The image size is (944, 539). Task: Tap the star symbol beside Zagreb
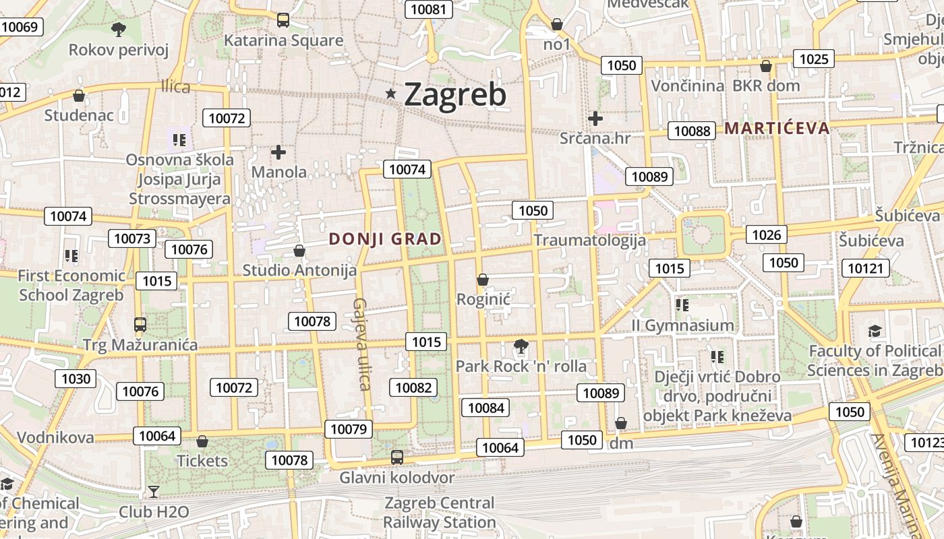391,94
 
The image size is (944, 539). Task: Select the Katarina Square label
283,40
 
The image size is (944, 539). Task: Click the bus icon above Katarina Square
283,20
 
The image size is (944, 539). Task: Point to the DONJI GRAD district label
385,239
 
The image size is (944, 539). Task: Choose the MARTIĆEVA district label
777,128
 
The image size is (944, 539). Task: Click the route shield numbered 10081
428,9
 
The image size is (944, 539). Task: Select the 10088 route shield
692,131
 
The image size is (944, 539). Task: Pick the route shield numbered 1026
767,234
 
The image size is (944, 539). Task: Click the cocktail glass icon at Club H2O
154,492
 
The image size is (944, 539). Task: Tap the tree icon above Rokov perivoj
119,29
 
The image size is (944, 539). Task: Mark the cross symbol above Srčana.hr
595,119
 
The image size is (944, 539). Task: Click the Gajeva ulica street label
362,344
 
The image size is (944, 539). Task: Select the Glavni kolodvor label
396,478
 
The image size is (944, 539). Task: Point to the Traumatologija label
589,240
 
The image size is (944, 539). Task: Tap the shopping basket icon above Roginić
482,279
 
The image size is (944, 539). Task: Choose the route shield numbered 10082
413,387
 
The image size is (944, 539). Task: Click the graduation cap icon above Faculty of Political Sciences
875,330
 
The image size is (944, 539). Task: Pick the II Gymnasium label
683,325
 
